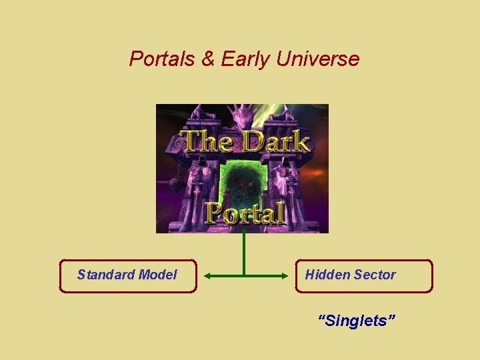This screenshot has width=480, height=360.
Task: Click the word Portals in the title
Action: point(163,59)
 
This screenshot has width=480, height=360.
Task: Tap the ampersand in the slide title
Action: point(209,59)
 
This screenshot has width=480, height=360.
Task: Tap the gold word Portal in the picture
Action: point(245,213)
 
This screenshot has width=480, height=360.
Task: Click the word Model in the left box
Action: point(158,275)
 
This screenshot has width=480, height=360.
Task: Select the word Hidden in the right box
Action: point(327,275)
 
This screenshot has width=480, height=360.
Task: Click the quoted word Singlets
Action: point(357,321)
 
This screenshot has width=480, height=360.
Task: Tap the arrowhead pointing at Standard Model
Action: point(207,275)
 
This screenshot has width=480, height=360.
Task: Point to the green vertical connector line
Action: point(244,253)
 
